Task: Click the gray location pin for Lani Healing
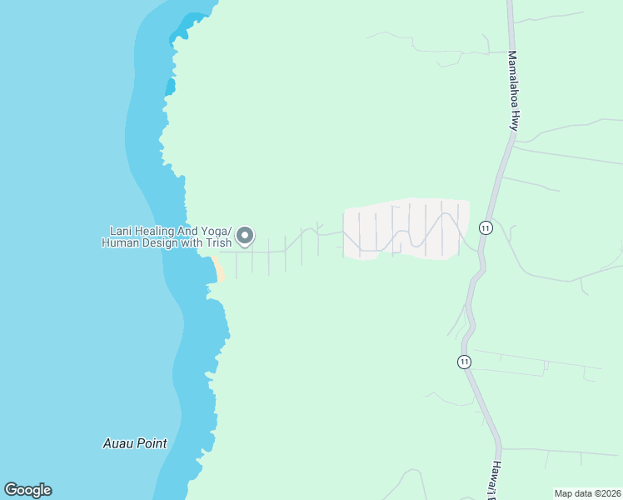point(245,236)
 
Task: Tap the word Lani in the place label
point(122,231)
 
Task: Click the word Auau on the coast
point(118,443)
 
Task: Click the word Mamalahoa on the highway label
point(513,77)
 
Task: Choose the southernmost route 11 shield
point(464,362)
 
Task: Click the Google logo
point(27,490)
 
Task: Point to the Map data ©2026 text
point(586,493)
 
